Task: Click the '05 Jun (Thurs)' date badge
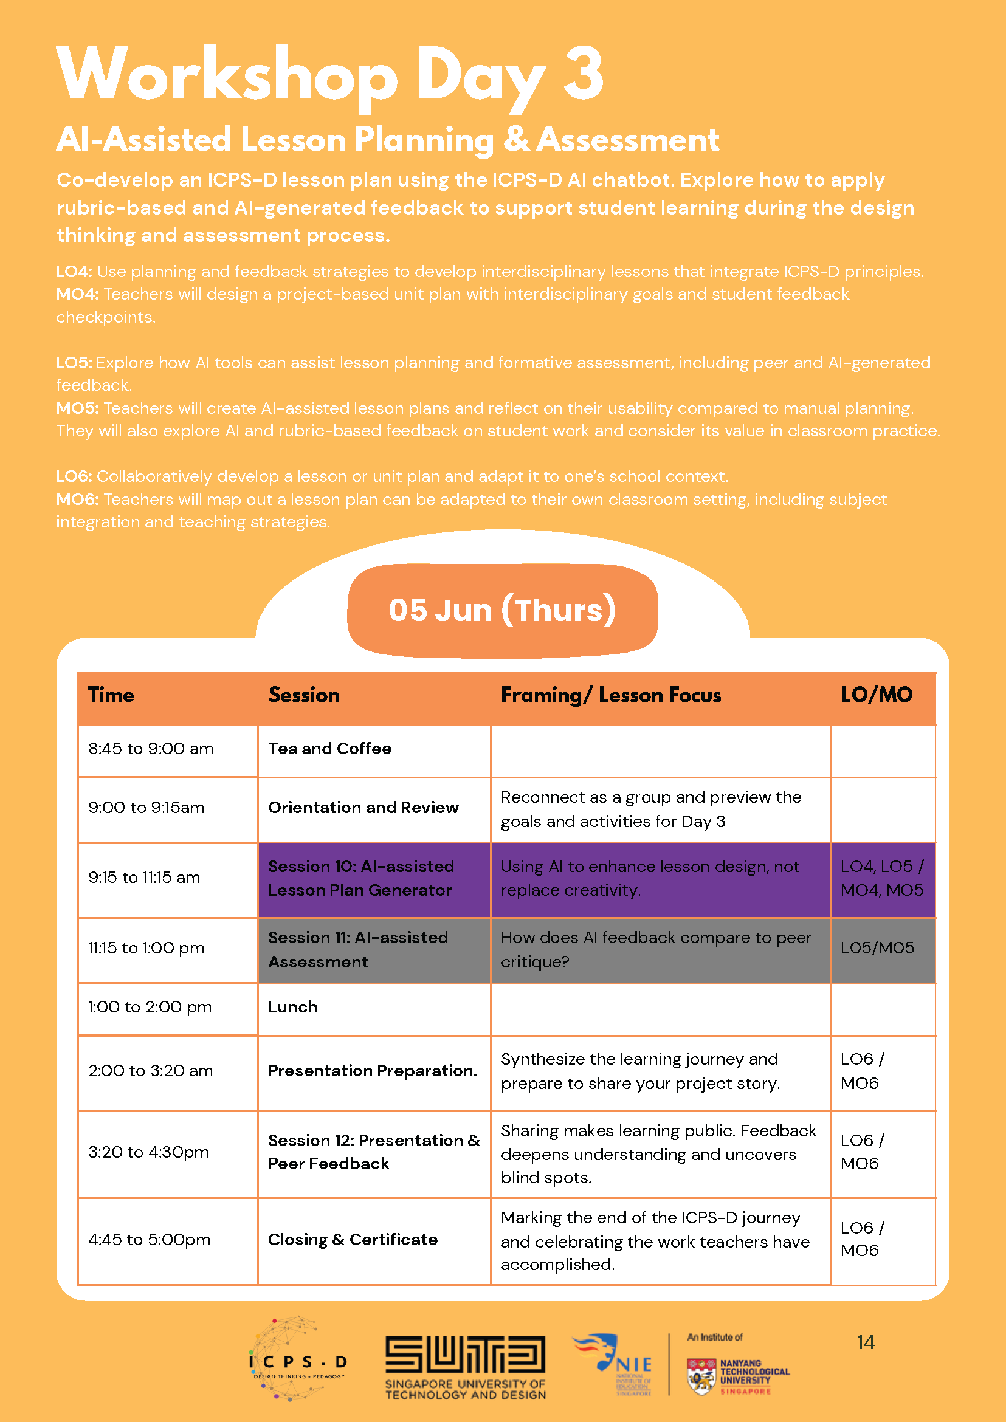point(502,610)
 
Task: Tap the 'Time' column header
point(111,695)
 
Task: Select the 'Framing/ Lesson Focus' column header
point(611,695)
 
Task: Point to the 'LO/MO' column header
point(876,695)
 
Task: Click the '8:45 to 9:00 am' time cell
point(151,749)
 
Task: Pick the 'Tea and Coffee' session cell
point(329,749)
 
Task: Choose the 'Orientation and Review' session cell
point(363,808)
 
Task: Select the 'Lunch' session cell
point(293,1007)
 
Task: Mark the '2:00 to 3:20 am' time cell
point(151,1071)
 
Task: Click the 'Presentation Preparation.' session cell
point(373,1071)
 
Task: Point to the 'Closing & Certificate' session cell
point(353,1239)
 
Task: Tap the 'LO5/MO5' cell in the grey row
point(877,948)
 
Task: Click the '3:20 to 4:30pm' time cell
point(149,1152)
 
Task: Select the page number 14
point(866,1342)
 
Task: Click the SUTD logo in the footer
point(465,1367)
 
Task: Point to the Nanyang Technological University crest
point(701,1376)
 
